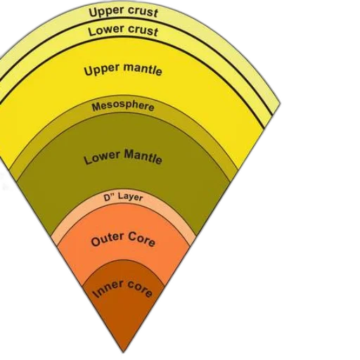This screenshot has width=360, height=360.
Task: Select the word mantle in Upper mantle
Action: [x=143, y=69]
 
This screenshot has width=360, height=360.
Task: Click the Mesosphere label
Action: [x=123, y=107]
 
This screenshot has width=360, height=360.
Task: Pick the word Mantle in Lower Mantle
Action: [x=143, y=156]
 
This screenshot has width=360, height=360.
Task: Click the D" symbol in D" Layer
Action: [x=108, y=198]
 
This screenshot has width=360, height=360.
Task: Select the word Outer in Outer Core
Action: [x=108, y=239]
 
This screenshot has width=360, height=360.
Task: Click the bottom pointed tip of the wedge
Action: [x=123, y=352]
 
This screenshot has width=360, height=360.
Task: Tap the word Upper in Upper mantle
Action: [x=102, y=70]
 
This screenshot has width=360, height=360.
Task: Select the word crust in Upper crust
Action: [x=141, y=12]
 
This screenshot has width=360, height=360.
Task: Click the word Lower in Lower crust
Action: [x=103, y=30]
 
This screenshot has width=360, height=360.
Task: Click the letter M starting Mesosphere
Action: [x=96, y=108]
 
